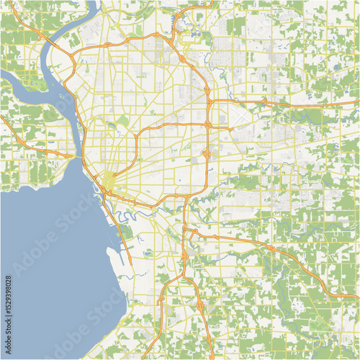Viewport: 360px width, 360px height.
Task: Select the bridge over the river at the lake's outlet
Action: click(x=76, y=155)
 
